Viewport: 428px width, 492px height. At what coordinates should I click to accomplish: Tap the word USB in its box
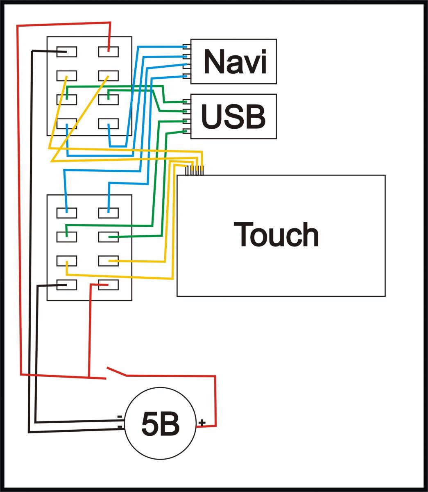tap(233, 116)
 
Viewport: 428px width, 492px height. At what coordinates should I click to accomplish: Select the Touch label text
tap(276, 235)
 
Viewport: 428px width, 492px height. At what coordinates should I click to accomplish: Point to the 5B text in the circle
tap(160, 424)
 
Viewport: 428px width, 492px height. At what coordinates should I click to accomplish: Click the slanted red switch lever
tap(116, 371)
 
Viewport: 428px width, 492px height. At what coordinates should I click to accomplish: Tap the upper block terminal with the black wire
tap(67, 52)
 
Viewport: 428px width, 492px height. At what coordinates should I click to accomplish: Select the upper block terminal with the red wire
tap(109, 52)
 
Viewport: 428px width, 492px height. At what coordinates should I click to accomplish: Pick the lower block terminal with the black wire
tap(67, 285)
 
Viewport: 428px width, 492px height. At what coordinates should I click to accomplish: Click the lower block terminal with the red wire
tap(109, 285)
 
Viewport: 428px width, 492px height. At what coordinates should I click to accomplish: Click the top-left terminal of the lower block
tap(67, 213)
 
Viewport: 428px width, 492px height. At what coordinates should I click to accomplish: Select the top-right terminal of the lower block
tap(109, 213)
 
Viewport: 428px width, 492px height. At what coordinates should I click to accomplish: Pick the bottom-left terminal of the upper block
tap(67, 123)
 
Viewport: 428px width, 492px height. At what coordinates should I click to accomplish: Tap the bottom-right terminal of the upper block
tap(109, 123)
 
